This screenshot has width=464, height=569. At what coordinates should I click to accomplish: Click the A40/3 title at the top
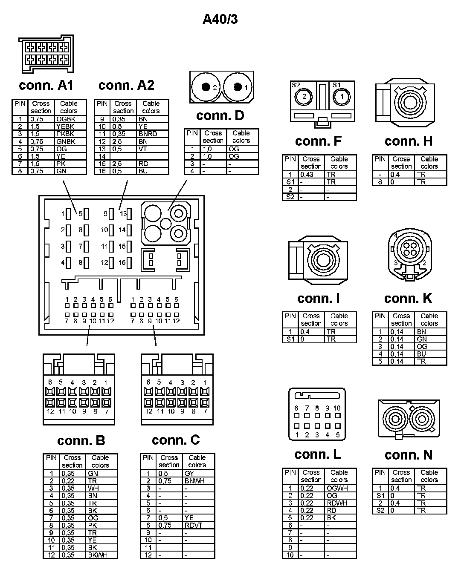pyautogui.click(x=220, y=19)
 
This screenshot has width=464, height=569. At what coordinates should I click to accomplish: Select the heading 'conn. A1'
pyautogui.click(x=46, y=85)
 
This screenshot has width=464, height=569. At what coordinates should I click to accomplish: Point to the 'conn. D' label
pyautogui.click(x=220, y=115)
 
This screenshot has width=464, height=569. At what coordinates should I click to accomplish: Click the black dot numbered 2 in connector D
pyautogui.click(x=206, y=87)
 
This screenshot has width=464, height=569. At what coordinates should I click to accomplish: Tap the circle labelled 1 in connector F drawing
pyautogui.click(x=342, y=96)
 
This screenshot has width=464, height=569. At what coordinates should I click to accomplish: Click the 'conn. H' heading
pyautogui.click(x=408, y=141)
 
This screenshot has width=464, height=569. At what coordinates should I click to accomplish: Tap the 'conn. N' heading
pyautogui.click(x=408, y=455)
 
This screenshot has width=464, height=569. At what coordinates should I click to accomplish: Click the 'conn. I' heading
pyautogui.click(x=318, y=298)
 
